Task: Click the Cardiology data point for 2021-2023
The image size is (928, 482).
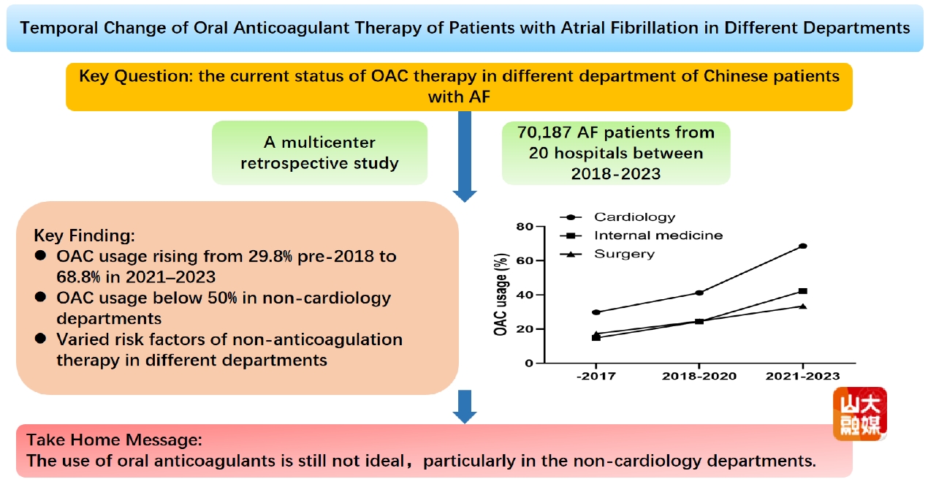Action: point(803,246)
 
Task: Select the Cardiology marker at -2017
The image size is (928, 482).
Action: point(596,312)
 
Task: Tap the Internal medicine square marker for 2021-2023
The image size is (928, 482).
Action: point(803,291)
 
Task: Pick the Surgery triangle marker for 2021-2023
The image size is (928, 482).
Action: point(803,306)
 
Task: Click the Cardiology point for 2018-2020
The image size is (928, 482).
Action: point(699,293)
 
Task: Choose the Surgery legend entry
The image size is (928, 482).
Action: point(624,254)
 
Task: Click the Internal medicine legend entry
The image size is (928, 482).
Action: point(658,236)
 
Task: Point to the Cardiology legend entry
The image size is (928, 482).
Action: point(634,217)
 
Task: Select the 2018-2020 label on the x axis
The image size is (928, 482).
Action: point(699,376)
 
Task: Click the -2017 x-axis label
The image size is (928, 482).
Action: point(596,376)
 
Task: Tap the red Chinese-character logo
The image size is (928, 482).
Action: point(860,414)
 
